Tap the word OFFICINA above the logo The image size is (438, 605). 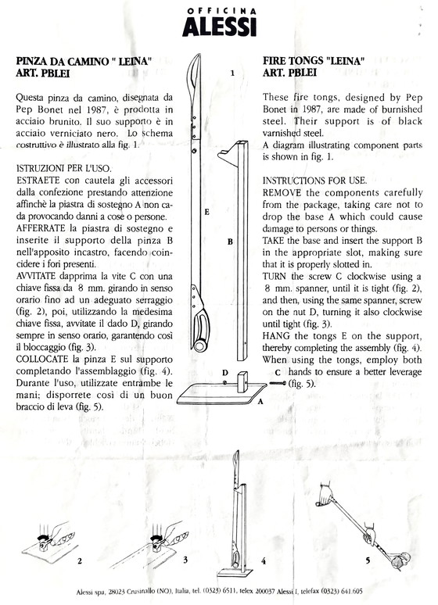(x=219, y=9)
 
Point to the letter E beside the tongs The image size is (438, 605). (x=206, y=212)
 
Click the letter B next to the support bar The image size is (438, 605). (x=230, y=242)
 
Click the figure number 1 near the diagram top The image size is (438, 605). (x=232, y=73)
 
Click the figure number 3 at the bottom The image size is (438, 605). (x=185, y=560)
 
